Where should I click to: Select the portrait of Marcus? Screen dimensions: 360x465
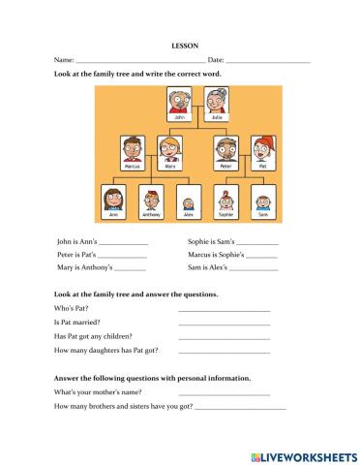pos(133,150)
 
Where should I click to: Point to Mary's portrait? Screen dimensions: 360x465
pos(170,150)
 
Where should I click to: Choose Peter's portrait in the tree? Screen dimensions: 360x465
pos(225,150)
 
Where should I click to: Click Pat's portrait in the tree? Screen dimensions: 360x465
pos(262,150)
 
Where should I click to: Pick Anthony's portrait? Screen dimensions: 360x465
pos(151,201)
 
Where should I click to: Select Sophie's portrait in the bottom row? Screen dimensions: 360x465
pos(225,201)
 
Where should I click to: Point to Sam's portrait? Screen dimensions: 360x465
pos(262,201)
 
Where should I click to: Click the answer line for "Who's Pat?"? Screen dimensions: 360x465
pos(224,310)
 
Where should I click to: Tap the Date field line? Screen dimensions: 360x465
pos(267,62)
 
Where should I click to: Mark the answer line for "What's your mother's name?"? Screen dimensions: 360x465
pos(224,394)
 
